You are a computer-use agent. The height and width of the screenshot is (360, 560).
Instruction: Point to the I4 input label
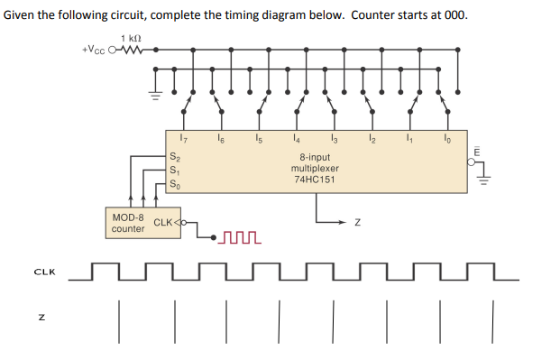pos(296,138)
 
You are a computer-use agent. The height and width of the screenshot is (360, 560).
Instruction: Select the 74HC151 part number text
pos(315,180)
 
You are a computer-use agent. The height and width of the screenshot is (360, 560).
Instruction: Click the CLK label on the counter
pos(164,222)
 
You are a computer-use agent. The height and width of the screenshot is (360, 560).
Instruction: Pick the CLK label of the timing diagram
pos(42,271)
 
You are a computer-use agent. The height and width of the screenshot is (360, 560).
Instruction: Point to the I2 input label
pos(372,138)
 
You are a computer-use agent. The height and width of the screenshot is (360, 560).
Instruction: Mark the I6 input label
pos(221,138)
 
